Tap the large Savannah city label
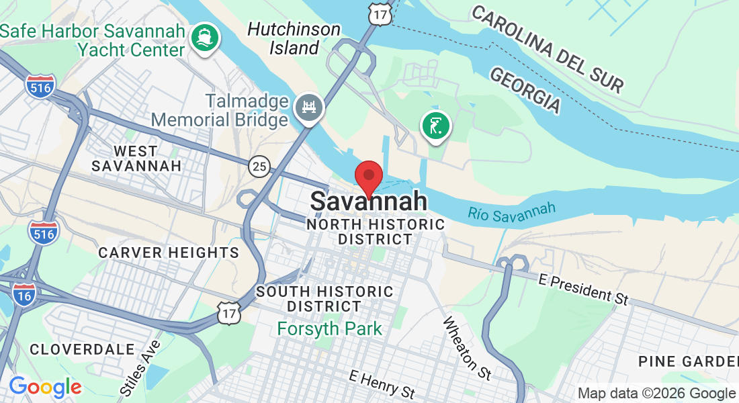point(368,201)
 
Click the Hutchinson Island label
point(294,38)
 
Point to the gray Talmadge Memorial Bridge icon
point(310,106)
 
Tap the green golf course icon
point(436,126)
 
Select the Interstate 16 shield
point(24,294)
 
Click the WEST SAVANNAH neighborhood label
point(136,158)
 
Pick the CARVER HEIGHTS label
point(169,253)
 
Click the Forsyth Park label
point(330,329)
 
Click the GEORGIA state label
point(525,89)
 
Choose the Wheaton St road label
point(466,346)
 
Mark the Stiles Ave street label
point(140,367)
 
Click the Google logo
point(45,387)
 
